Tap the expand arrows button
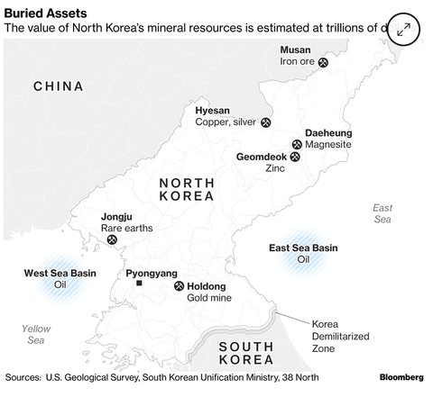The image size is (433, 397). tap(404, 29)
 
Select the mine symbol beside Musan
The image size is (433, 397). tap(324, 63)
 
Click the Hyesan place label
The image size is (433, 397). tap(213, 110)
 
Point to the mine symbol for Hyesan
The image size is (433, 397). tap(265, 122)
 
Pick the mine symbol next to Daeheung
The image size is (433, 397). tap(297, 144)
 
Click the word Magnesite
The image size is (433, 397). tap(328, 144)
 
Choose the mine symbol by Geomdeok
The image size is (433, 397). tap(295, 157)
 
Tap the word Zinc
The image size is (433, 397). tap(275, 168)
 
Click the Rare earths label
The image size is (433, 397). tap(126, 228)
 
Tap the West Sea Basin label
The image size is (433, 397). tap(60, 273)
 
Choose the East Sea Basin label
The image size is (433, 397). tap(303, 248)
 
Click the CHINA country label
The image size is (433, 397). tap(59, 86)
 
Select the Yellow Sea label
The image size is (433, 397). tap(37, 334)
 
